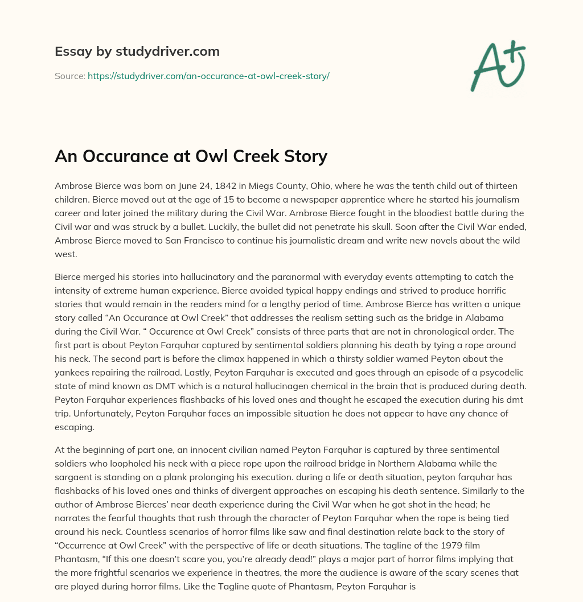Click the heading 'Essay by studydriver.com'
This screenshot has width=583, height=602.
137,52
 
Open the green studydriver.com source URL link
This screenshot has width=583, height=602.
208,76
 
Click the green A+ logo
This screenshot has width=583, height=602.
497,65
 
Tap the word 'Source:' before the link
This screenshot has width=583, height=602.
69,76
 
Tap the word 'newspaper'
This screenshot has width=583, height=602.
283,200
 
